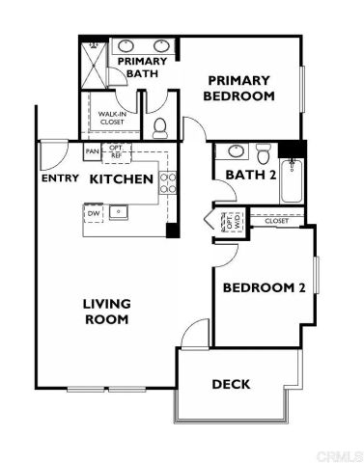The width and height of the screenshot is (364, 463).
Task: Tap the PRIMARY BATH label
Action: (142, 68)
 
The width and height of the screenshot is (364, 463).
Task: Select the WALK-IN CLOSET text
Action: (111, 118)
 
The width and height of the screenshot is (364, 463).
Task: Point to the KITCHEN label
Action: (122, 179)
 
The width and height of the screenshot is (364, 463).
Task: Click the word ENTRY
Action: (60, 179)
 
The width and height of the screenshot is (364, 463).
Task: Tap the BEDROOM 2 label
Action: (265, 288)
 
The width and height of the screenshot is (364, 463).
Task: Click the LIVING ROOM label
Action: (106, 311)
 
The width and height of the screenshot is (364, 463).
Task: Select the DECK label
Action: (231, 384)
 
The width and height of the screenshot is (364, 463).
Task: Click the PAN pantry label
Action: (93, 152)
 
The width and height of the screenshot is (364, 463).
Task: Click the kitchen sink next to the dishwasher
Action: (121, 210)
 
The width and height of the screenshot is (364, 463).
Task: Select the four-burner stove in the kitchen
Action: (168, 182)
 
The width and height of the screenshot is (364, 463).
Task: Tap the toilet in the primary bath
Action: (161, 125)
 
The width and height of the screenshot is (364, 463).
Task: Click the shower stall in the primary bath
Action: (95, 64)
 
